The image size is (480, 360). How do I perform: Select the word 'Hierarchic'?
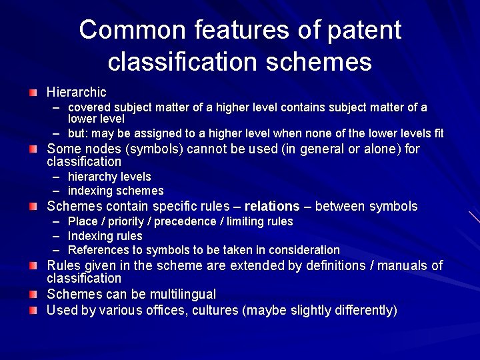[x=76, y=91]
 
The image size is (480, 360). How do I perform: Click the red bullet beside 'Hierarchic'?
[x=33, y=90]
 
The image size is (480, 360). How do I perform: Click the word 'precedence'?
[x=191, y=221]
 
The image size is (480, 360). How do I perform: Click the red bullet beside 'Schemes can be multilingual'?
[x=33, y=294]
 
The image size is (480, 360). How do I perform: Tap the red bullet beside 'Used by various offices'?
[x=33, y=310]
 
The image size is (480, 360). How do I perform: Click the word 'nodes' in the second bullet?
[x=98, y=149]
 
